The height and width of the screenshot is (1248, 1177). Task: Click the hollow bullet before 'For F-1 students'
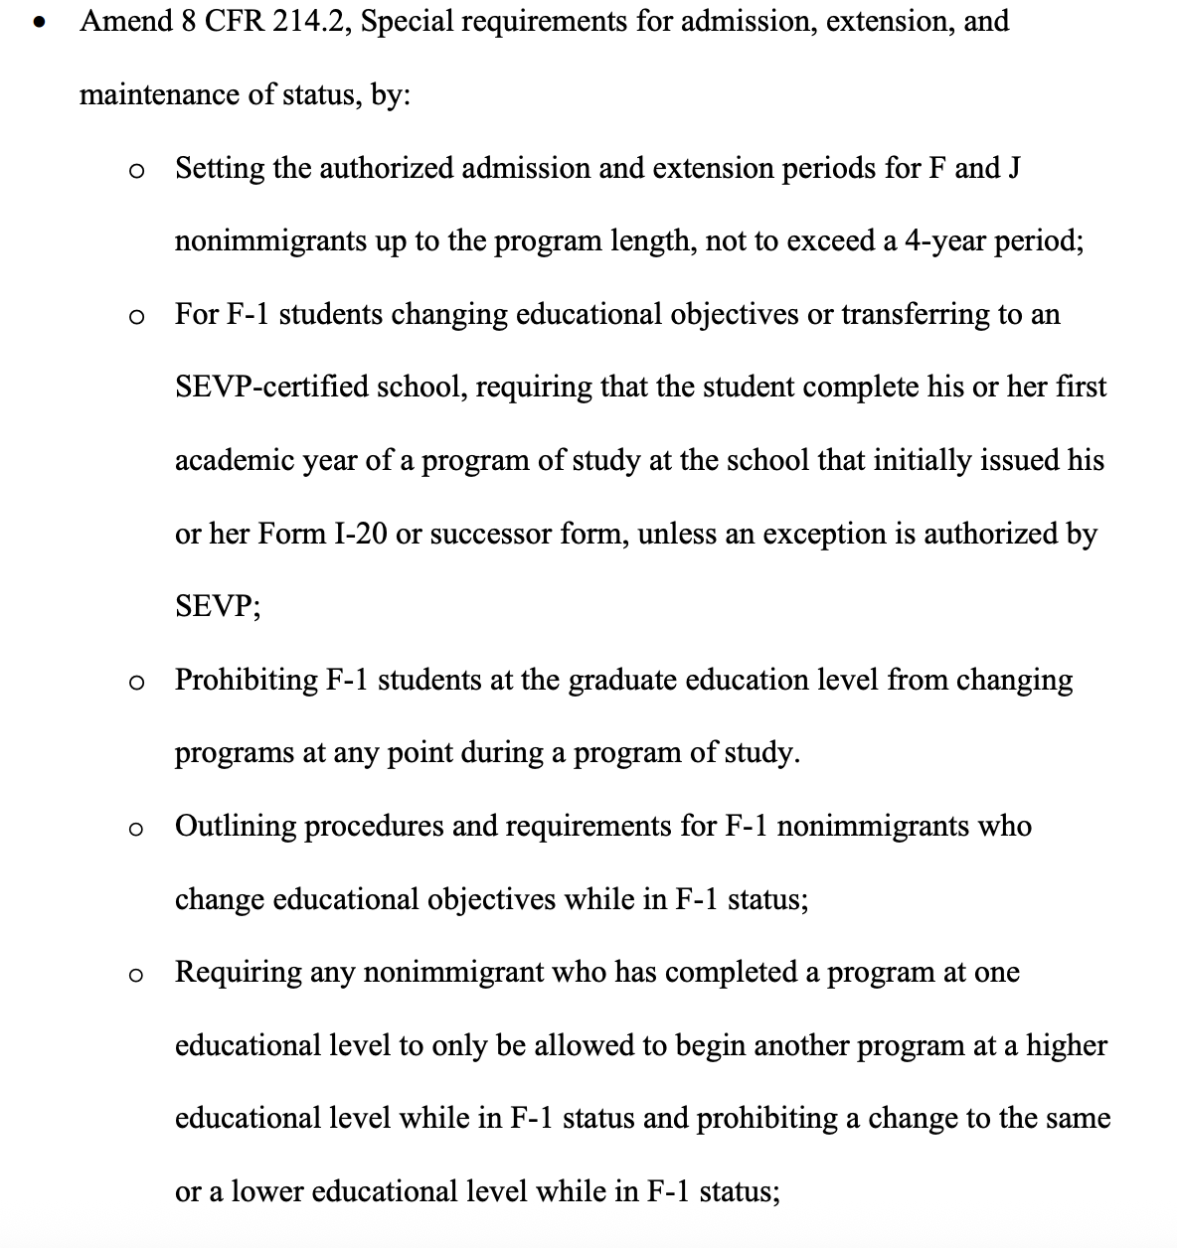point(137,318)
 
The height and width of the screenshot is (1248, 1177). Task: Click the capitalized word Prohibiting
point(247,681)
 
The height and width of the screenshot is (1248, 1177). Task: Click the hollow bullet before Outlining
point(137,830)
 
